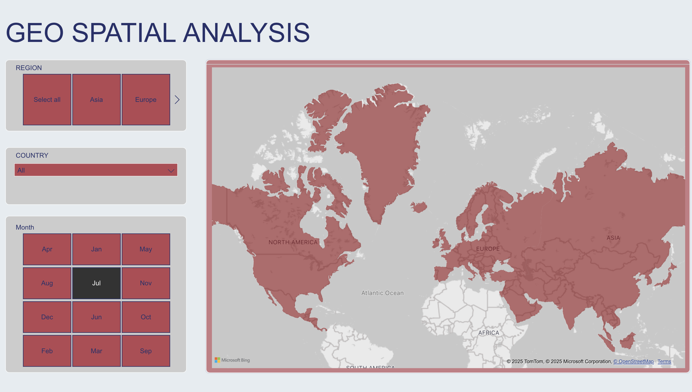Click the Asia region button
coord(96,100)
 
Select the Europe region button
coord(146,100)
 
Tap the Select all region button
coord(47,100)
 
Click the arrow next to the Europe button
coord(177,100)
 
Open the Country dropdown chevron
coord(171,171)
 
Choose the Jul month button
coord(96,283)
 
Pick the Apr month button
coord(47,249)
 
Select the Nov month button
coord(146,283)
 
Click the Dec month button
coord(47,317)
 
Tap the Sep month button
coord(146,351)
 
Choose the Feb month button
coord(47,351)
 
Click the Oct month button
coord(146,317)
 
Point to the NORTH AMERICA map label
coord(293,242)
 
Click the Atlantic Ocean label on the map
coord(382,293)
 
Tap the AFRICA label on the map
coord(489,333)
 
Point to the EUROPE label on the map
coord(488,249)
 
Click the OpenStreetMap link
coord(633,362)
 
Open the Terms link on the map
coord(664,362)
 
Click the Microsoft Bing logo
coord(232,360)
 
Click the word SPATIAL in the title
coord(123,33)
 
